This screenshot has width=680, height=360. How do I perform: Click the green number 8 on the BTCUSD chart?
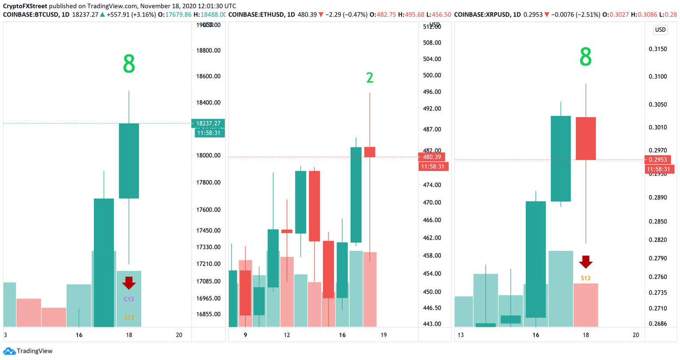(129, 65)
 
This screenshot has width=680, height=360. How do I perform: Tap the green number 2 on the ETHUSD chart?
(370, 78)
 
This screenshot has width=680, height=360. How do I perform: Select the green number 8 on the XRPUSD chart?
(585, 58)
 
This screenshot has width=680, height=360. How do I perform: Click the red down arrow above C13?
(129, 283)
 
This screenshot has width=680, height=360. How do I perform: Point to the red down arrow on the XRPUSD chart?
(586, 262)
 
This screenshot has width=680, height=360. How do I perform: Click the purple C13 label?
(129, 299)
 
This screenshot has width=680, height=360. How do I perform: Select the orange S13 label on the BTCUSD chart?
(129, 317)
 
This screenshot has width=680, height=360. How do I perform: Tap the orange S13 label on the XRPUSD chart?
(585, 278)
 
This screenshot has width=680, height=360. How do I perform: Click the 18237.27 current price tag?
(208, 124)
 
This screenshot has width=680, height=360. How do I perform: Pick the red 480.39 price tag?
(432, 157)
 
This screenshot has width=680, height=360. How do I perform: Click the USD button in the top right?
(660, 30)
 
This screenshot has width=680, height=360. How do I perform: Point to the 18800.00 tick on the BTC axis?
(208, 50)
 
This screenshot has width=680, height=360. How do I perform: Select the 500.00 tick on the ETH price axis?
(432, 75)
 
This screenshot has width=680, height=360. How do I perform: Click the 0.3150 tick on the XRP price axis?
(657, 49)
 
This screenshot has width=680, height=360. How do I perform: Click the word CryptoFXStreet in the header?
(25, 6)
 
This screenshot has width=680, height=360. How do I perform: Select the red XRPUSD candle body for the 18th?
(585, 138)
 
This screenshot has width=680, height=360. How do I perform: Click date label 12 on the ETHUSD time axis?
(287, 335)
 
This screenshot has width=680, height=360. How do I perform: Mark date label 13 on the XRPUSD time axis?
(460, 335)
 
